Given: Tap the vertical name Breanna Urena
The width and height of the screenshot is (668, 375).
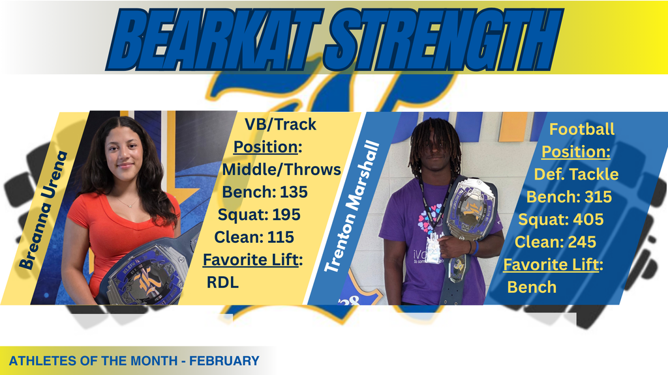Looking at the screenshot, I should coord(44,210).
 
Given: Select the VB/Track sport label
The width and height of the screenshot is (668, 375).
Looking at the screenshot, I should coord(280,124).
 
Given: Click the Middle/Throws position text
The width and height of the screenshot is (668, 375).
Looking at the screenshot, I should coord(281,169).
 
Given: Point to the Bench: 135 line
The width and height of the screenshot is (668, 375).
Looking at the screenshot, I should coord(265,192).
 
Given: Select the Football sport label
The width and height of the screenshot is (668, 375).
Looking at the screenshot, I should coord(582,129).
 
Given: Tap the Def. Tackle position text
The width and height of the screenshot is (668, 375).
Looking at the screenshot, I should coord(576,174).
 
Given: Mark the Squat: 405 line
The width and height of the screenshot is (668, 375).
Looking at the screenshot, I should coord(561,219).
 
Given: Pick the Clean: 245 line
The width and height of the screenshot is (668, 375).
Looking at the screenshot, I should coord(555,242).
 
